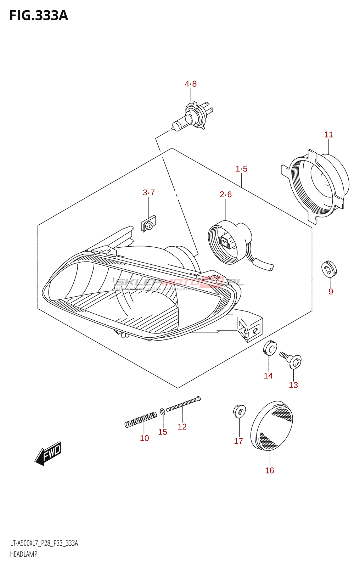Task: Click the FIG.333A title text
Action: tap(38, 16)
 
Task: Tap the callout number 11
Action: tap(328, 135)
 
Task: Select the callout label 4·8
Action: tap(191, 84)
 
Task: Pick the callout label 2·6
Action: tap(225, 195)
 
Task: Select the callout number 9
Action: tap(331, 292)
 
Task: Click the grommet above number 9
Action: tap(329, 268)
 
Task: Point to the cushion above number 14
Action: tap(270, 348)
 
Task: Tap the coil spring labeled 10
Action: tap(141, 420)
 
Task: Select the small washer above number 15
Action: tap(162, 411)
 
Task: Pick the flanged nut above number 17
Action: tap(240, 411)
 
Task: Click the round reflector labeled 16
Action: tap(271, 425)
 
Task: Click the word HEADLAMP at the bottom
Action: tap(23, 554)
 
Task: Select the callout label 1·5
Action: tap(241, 169)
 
